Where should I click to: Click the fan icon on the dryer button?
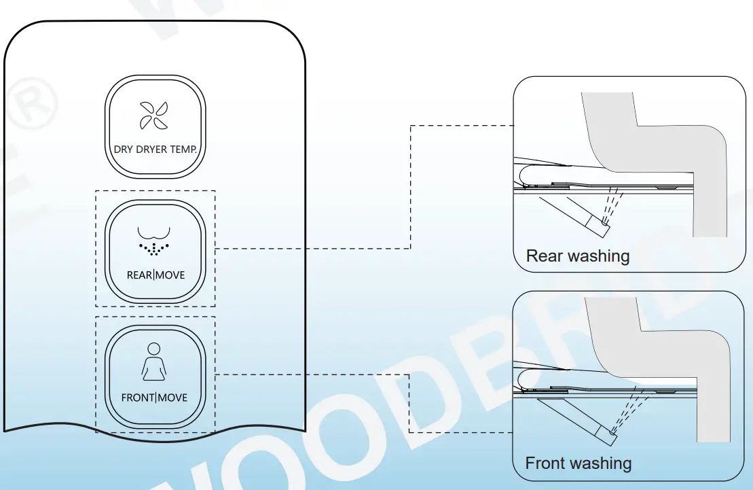(x=154, y=115)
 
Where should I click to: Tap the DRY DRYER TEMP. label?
(x=155, y=150)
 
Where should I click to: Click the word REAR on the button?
(x=139, y=275)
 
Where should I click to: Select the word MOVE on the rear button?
(x=170, y=275)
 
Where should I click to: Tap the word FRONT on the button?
(x=138, y=398)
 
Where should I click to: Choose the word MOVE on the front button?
(x=172, y=398)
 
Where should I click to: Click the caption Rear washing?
(x=578, y=256)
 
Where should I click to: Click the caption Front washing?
(x=578, y=464)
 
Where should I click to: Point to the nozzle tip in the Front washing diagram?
(x=613, y=432)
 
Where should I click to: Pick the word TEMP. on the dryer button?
(x=186, y=150)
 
